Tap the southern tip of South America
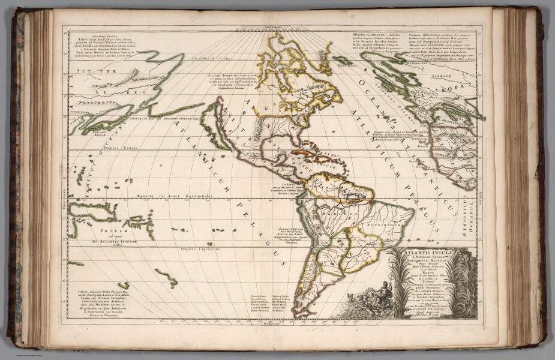(x=300, y=313)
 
